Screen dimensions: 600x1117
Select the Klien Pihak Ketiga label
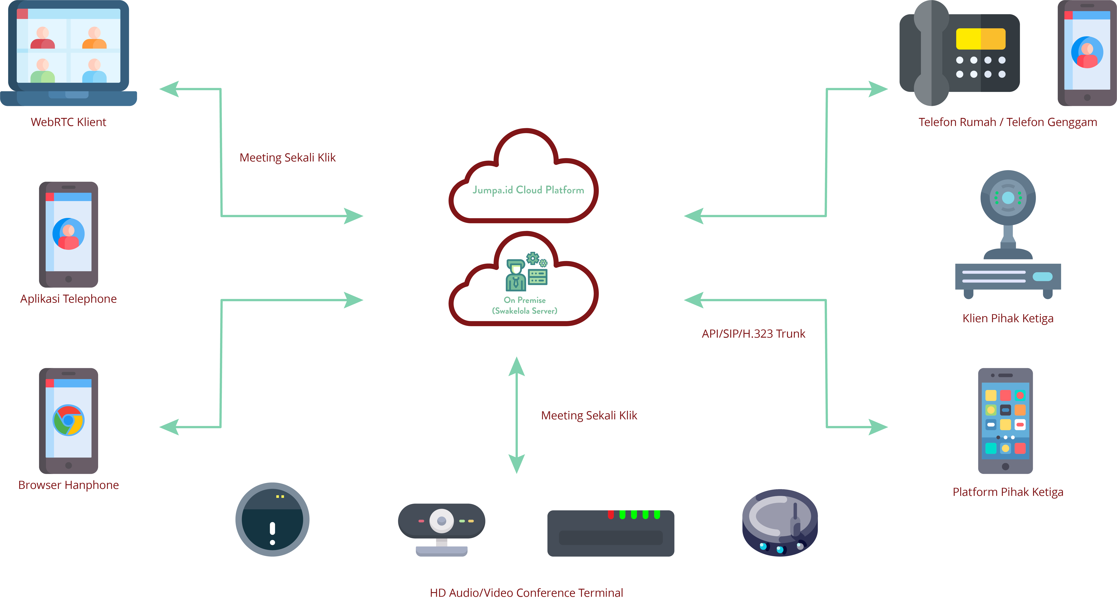1008,318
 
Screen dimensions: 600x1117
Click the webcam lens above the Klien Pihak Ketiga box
1008,198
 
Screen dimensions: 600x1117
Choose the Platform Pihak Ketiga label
1008,492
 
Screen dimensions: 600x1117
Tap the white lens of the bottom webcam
441,521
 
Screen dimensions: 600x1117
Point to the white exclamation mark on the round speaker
272,532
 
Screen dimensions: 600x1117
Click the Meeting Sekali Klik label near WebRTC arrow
288,158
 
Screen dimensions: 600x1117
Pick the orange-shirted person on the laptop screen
94,38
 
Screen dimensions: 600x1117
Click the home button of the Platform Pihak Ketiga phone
1006,466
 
